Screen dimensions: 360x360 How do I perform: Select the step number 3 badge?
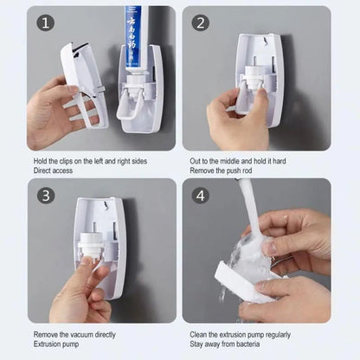(44, 195)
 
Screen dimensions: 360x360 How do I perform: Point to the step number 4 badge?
(200, 195)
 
